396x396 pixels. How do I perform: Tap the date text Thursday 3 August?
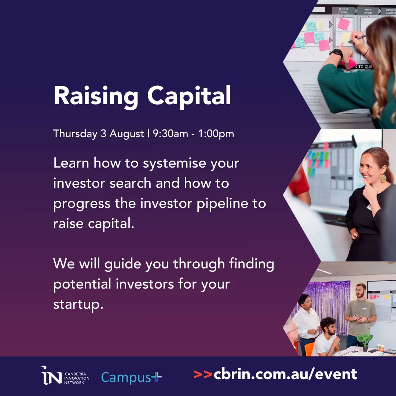99,134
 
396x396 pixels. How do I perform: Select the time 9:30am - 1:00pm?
193,134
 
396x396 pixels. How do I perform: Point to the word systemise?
169,163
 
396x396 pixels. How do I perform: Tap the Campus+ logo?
131,377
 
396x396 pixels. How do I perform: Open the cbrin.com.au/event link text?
285,374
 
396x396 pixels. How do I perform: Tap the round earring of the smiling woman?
383,178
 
